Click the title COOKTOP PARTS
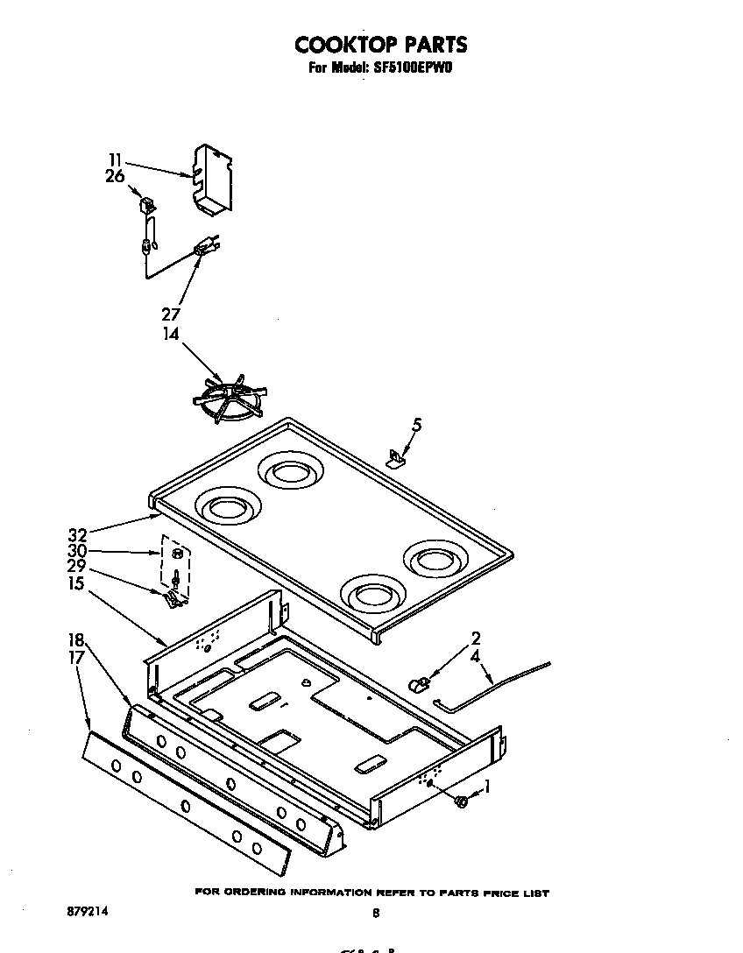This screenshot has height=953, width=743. (x=380, y=44)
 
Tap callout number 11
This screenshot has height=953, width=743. (x=116, y=159)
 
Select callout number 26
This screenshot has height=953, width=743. (x=116, y=176)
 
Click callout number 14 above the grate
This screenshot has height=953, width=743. (x=171, y=334)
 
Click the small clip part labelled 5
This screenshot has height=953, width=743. (x=399, y=457)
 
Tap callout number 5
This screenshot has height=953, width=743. (x=416, y=426)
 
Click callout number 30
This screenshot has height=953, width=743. (x=77, y=551)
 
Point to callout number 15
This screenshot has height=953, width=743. (x=77, y=583)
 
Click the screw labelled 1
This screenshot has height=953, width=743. (x=462, y=799)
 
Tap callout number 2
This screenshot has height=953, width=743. (x=476, y=639)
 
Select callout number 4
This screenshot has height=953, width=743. (x=476, y=655)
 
